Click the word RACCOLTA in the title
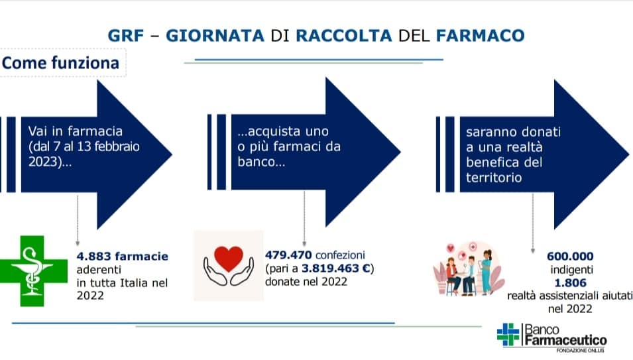coord(343,36)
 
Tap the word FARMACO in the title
coord(480,36)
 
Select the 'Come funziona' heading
coord(60,63)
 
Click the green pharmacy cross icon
coord(34,270)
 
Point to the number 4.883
coord(94,257)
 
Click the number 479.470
coord(288,255)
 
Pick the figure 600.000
coord(570,257)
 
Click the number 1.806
coord(570,283)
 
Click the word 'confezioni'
coord(340,255)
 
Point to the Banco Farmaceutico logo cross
coord(508,335)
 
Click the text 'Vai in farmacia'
coord(75,131)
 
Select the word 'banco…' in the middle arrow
coord(261,162)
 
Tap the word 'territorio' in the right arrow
coord(494,178)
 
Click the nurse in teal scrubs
coord(486,271)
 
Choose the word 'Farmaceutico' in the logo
coord(565,341)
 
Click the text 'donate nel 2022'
coord(306,282)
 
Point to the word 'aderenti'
coord(99,270)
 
